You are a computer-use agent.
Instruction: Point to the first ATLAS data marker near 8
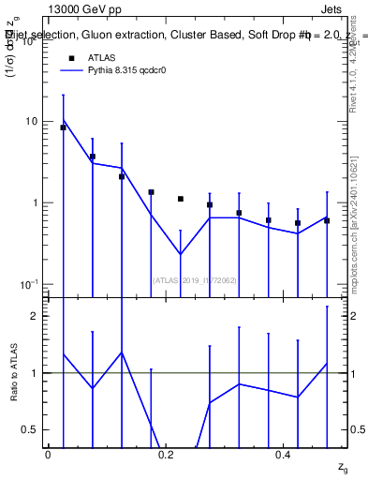pyautogui.click(x=64, y=127)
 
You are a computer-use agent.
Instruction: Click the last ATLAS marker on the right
pyautogui.click(x=327, y=220)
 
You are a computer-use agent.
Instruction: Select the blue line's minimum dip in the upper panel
pyautogui.click(x=180, y=254)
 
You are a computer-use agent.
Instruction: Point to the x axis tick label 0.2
pyautogui.click(x=166, y=454)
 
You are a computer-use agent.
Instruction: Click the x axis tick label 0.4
pyautogui.click(x=283, y=454)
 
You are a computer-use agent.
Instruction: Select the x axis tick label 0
pyautogui.click(x=48, y=454)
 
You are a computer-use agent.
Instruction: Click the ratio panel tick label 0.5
pyautogui.click(x=31, y=429)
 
